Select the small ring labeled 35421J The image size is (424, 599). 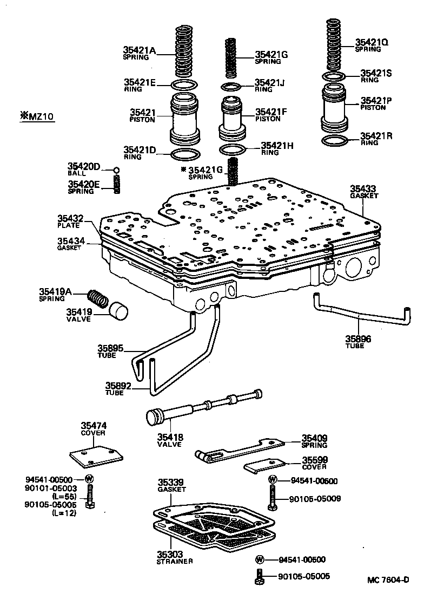pos(232,87)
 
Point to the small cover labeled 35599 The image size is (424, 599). pos(264,465)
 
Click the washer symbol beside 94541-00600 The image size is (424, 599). pos(273,479)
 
